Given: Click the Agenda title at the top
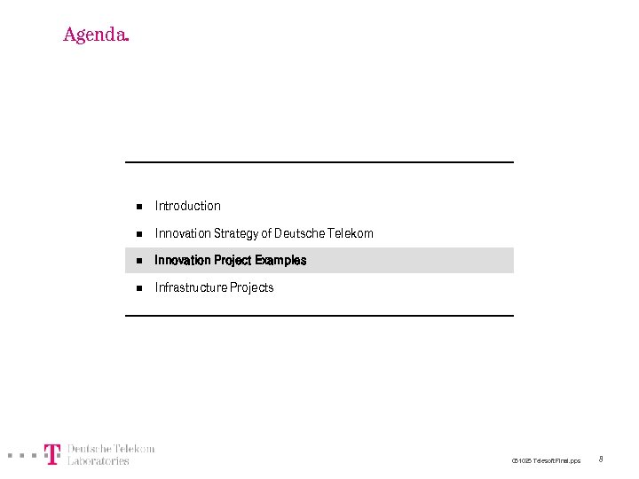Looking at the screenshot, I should (96, 35).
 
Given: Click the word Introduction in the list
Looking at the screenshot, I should (187, 206).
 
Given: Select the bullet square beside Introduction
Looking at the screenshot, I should (138, 207).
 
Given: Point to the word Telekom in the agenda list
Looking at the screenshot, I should (351, 233).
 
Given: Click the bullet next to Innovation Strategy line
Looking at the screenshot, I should (138, 234).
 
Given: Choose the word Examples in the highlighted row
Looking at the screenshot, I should (280, 261).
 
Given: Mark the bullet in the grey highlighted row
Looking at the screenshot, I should (138, 262).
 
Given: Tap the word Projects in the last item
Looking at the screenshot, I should (252, 287).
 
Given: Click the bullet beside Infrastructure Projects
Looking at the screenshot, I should (138, 288).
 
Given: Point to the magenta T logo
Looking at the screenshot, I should (52, 454).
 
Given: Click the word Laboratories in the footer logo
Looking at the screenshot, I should (99, 460).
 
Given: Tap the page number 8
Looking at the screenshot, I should (601, 459).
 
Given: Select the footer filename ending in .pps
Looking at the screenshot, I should (546, 460).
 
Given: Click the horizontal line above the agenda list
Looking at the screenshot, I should (319, 162).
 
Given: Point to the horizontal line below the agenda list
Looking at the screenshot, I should (319, 315).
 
